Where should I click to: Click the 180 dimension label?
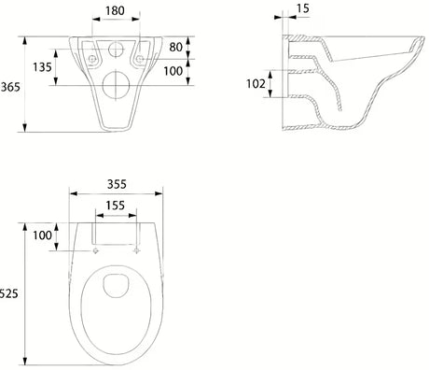click(115, 10)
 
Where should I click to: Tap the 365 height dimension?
click(10, 87)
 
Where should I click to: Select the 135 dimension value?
click(42, 67)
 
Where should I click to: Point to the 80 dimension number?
click(176, 47)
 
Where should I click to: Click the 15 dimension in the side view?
click(302, 8)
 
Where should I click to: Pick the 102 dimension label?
click(256, 83)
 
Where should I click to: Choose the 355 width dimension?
click(117, 184)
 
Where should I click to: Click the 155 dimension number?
click(115, 206)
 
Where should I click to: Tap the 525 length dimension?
click(8, 293)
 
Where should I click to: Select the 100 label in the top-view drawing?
click(42, 235)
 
